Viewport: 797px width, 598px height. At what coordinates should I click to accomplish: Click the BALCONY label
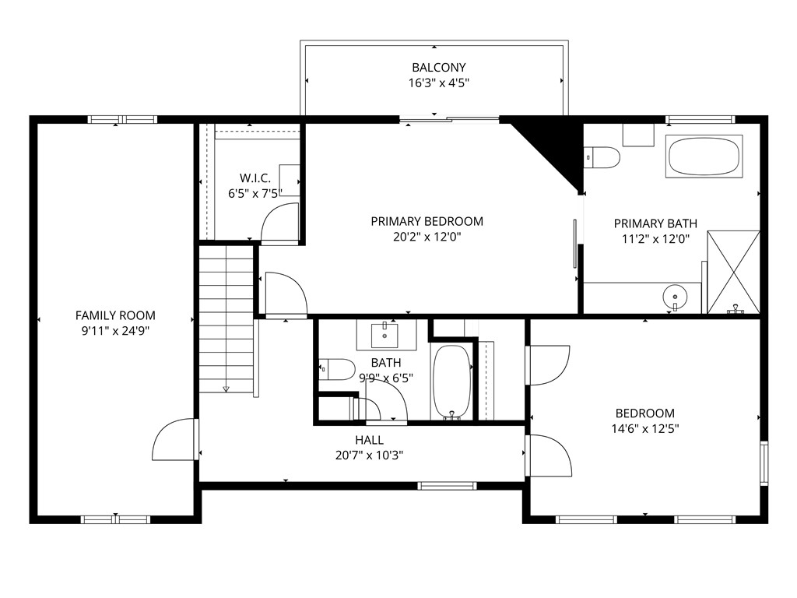coord(439,68)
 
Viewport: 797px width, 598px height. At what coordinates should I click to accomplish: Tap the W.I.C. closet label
coord(255,178)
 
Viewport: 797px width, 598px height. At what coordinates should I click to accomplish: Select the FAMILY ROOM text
coord(115,315)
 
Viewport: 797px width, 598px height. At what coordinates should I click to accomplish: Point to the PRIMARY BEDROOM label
coord(427,221)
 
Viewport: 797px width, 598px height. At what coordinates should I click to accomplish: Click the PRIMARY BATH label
coord(655,223)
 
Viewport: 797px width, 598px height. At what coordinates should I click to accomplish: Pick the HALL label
coord(369,440)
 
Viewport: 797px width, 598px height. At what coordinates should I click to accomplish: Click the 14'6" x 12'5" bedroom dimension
coord(645,428)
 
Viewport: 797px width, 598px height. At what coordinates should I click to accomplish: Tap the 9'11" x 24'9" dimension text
coord(115,331)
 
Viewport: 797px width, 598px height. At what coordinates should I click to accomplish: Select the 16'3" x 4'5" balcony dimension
coord(439,83)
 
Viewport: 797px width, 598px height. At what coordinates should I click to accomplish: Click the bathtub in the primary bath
coord(704,157)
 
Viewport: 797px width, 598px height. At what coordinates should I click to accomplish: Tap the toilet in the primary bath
coord(602,157)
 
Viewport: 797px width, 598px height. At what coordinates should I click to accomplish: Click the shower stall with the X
coord(733,272)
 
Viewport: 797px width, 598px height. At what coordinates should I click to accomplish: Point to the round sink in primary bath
coord(674,297)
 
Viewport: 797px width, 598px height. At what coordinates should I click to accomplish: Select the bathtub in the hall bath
coord(451,382)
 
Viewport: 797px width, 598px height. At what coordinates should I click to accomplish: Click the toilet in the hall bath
coord(337,368)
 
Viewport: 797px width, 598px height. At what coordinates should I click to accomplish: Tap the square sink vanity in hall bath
coord(386,335)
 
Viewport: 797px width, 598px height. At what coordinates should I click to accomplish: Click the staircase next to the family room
coord(226,319)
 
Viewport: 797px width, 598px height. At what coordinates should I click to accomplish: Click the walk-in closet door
coord(279,223)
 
